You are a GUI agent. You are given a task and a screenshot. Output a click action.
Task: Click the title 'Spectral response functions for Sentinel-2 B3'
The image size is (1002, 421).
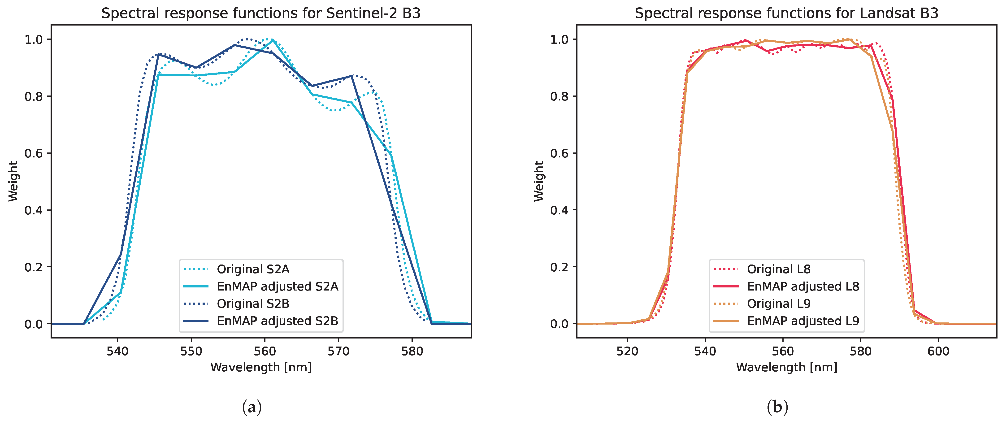[x=261, y=13]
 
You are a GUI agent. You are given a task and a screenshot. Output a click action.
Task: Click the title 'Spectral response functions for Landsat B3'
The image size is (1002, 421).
[x=786, y=13]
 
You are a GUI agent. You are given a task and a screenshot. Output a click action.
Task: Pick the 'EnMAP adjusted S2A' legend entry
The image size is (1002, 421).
[x=277, y=286]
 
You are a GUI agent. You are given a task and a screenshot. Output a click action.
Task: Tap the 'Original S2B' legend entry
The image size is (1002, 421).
[x=253, y=304]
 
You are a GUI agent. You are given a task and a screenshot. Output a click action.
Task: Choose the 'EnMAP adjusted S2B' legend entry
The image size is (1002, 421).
[x=277, y=321]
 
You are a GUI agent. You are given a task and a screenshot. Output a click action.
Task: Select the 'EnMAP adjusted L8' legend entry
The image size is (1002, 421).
[x=803, y=286]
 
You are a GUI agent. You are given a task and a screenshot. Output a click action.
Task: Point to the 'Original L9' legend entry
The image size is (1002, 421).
[x=778, y=304]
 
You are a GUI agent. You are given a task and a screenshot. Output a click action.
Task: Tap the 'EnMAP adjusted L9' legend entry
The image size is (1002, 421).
[x=803, y=321]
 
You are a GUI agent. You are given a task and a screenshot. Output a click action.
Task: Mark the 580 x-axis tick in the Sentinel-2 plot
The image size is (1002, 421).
[x=412, y=351]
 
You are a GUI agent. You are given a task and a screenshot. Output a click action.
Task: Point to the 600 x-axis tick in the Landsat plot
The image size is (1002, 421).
[x=938, y=351]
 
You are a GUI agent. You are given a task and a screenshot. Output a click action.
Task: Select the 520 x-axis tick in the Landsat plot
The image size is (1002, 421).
[x=627, y=351]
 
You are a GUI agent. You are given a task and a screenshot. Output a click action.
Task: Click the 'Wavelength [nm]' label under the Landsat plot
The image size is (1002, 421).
[x=786, y=367]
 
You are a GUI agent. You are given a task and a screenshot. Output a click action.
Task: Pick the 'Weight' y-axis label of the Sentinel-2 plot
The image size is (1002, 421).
[x=13, y=181]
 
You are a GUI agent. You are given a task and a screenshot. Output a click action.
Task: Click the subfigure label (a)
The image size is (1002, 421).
[x=252, y=407]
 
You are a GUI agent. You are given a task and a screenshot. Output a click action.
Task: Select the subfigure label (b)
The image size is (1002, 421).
[x=777, y=407]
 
